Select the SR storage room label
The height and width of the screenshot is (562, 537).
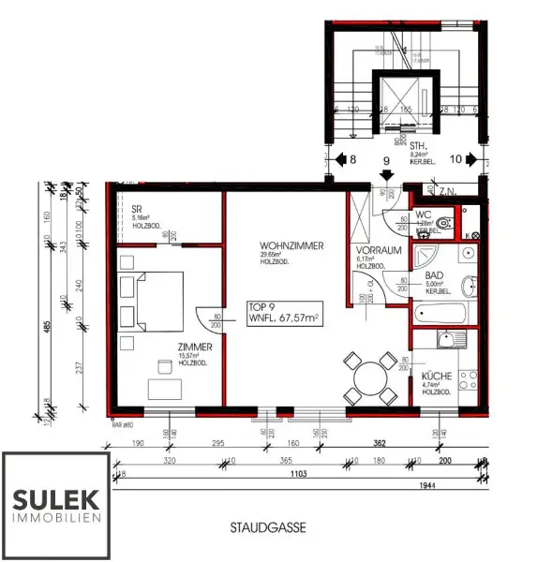point(136,209)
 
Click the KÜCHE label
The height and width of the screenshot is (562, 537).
point(437,377)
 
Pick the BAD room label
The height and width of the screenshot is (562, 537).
point(434,276)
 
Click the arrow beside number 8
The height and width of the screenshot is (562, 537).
point(341,160)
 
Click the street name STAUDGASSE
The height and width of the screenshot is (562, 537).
point(267,529)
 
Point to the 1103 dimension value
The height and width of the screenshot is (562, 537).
point(295,476)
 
